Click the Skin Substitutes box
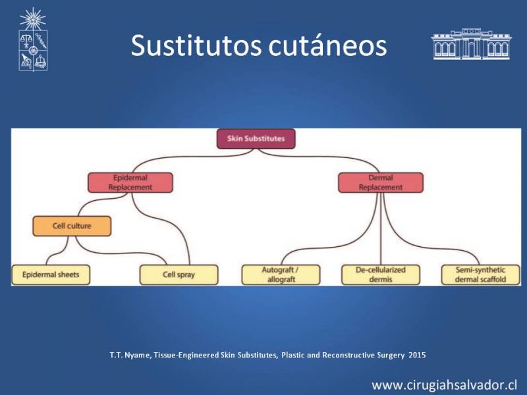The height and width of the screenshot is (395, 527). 256,139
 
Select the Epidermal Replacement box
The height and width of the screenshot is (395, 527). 130,183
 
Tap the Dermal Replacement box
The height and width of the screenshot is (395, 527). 381,183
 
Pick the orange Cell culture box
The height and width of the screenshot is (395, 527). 72,226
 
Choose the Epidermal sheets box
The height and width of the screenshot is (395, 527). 51,275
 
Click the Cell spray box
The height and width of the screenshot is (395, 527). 179,275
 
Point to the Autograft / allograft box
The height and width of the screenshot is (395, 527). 281,275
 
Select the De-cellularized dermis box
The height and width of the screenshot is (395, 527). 381,275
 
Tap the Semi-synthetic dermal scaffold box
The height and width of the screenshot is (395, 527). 481,275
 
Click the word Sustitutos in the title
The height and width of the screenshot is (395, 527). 196,45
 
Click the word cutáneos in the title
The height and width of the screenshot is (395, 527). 327,46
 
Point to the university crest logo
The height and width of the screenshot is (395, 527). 33,39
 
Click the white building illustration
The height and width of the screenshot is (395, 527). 471,44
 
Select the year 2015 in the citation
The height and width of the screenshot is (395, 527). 417,355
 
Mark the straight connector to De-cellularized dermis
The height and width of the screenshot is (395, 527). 381,228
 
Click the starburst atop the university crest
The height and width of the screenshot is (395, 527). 32,19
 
